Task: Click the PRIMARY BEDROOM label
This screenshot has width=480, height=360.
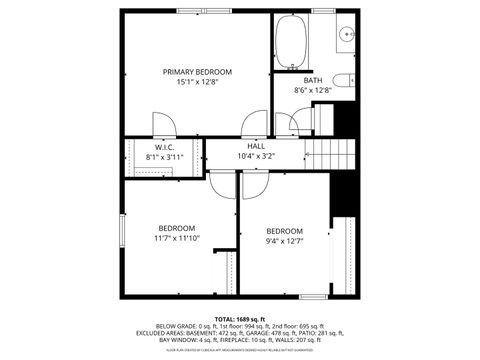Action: (197, 72)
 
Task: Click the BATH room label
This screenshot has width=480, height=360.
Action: (313, 80)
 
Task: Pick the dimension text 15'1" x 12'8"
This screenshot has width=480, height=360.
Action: (197, 83)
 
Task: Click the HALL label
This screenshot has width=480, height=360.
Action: (256, 146)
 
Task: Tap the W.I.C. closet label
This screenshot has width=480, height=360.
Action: (165, 147)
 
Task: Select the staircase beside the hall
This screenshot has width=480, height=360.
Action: (331, 154)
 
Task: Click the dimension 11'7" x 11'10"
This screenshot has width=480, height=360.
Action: (176, 238)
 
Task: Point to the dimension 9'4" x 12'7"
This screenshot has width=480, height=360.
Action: (284, 241)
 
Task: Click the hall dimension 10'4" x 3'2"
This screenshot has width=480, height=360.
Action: (256, 156)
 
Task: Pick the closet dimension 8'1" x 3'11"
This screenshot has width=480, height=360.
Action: (165, 157)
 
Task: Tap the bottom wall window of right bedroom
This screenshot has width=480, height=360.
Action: (314, 296)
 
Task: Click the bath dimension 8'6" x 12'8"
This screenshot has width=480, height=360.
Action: (313, 90)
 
